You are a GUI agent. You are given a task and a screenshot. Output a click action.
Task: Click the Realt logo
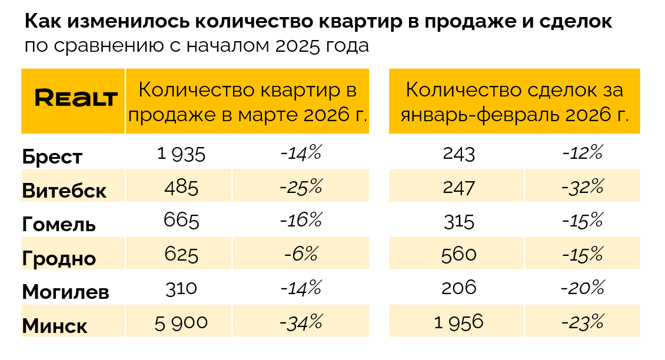pyautogui.click(x=76, y=98)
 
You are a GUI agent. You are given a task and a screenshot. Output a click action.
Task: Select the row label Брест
pyautogui.click(x=52, y=157)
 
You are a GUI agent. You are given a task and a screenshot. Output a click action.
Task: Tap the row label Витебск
pyautogui.click(x=65, y=191)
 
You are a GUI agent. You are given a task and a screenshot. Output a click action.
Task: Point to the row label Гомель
pyautogui.click(x=59, y=224)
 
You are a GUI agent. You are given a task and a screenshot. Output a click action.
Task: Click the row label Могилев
pyautogui.click(x=66, y=292)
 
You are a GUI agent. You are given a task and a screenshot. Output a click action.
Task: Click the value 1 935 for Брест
pyautogui.click(x=181, y=154)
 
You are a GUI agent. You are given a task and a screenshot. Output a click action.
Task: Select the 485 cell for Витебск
pyautogui.click(x=181, y=188)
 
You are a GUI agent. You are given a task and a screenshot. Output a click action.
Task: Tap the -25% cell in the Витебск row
pyautogui.click(x=301, y=188)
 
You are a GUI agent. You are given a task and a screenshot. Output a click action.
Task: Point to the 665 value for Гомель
pyautogui.click(x=181, y=221)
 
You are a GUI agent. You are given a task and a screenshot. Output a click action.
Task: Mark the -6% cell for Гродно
pyautogui.click(x=301, y=255)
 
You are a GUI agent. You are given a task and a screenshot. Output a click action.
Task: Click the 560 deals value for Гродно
pyautogui.click(x=458, y=255)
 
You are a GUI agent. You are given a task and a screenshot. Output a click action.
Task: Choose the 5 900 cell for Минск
pyautogui.click(x=181, y=322)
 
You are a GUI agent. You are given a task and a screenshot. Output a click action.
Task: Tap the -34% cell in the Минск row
pyautogui.click(x=301, y=322)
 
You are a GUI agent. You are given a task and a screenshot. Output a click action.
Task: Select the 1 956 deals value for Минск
pyautogui.click(x=458, y=322)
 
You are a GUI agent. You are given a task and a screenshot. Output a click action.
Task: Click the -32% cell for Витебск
pyautogui.click(x=583, y=188)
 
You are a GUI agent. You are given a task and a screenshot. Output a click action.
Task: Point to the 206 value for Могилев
pyautogui.click(x=458, y=288)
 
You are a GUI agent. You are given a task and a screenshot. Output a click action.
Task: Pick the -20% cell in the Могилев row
pyautogui.click(x=583, y=288)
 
